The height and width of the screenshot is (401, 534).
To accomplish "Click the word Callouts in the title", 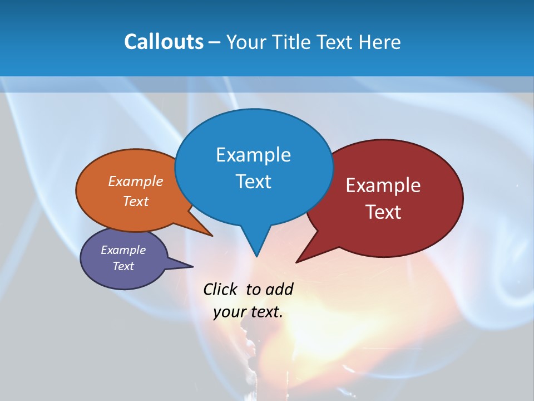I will click(x=164, y=42).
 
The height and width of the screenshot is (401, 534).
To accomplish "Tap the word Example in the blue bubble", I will click(x=253, y=155).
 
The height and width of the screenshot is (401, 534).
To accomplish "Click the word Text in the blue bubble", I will click(x=253, y=182).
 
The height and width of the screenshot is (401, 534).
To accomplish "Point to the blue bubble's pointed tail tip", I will click(x=256, y=256).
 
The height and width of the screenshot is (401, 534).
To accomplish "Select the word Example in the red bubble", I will click(x=383, y=185).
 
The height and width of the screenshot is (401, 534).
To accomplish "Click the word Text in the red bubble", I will click(x=383, y=212).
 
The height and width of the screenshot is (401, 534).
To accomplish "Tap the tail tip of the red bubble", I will click(x=296, y=262).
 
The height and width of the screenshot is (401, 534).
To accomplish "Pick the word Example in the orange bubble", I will click(x=136, y=181).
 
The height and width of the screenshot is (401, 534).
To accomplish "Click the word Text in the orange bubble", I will click(x=136, y=201).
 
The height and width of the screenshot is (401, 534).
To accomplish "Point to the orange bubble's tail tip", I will click(x=212, y=236).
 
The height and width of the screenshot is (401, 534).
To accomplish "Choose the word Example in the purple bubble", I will click(x=123, y=250).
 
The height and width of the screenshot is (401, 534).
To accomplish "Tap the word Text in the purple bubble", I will click(x=123, y=266).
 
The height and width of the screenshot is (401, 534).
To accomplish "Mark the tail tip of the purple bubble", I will click(x=192, y=266).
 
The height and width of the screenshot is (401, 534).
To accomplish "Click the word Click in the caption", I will click(x=220, y=289).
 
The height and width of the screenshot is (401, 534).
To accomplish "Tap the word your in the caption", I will click(x=229, y=312).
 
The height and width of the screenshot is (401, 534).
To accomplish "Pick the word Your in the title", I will click(x=245, y=42).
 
